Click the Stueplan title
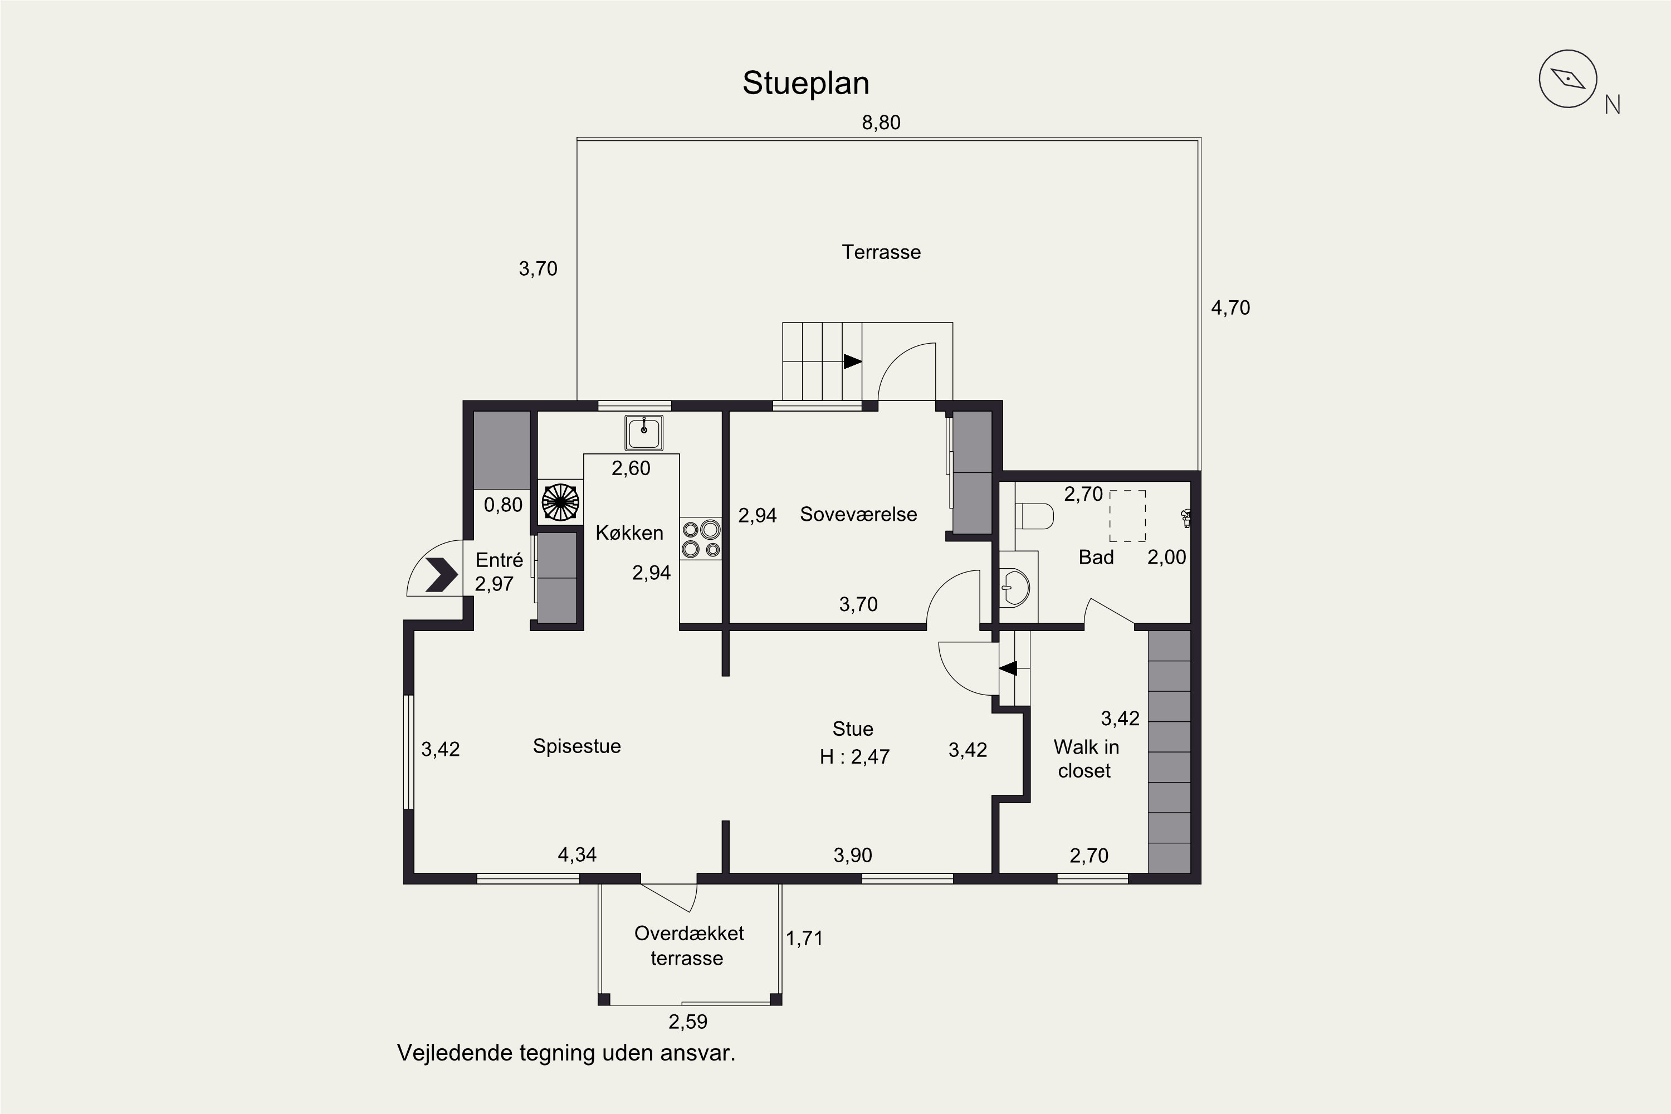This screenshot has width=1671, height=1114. click(805, 83)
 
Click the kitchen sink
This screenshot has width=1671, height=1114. click(644, 433)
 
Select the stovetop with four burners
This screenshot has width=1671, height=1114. click(701, 539)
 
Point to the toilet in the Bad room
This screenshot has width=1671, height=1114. click(1034, 516)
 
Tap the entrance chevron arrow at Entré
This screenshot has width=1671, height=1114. click(441, 575)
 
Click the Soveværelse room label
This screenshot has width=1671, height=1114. click(858, 514)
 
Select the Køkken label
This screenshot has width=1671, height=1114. click(629, 533)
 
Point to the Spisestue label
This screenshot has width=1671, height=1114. click(577, 746)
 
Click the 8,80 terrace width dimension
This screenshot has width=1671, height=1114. click(881, 123)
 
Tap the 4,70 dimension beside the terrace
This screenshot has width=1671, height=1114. click(1230, 307)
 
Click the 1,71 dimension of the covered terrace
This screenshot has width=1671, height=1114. click(804, 938)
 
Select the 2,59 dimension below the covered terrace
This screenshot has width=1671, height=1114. click(688, 1022)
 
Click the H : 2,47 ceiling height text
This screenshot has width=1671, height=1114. click(854, 756)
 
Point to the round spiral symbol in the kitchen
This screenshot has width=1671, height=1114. click(560, 502)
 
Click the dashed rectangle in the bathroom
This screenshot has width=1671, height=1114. click(1127, 516)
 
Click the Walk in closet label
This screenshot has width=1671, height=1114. click(1086, 759)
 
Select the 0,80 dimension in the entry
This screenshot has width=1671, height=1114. click(503, 505)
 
